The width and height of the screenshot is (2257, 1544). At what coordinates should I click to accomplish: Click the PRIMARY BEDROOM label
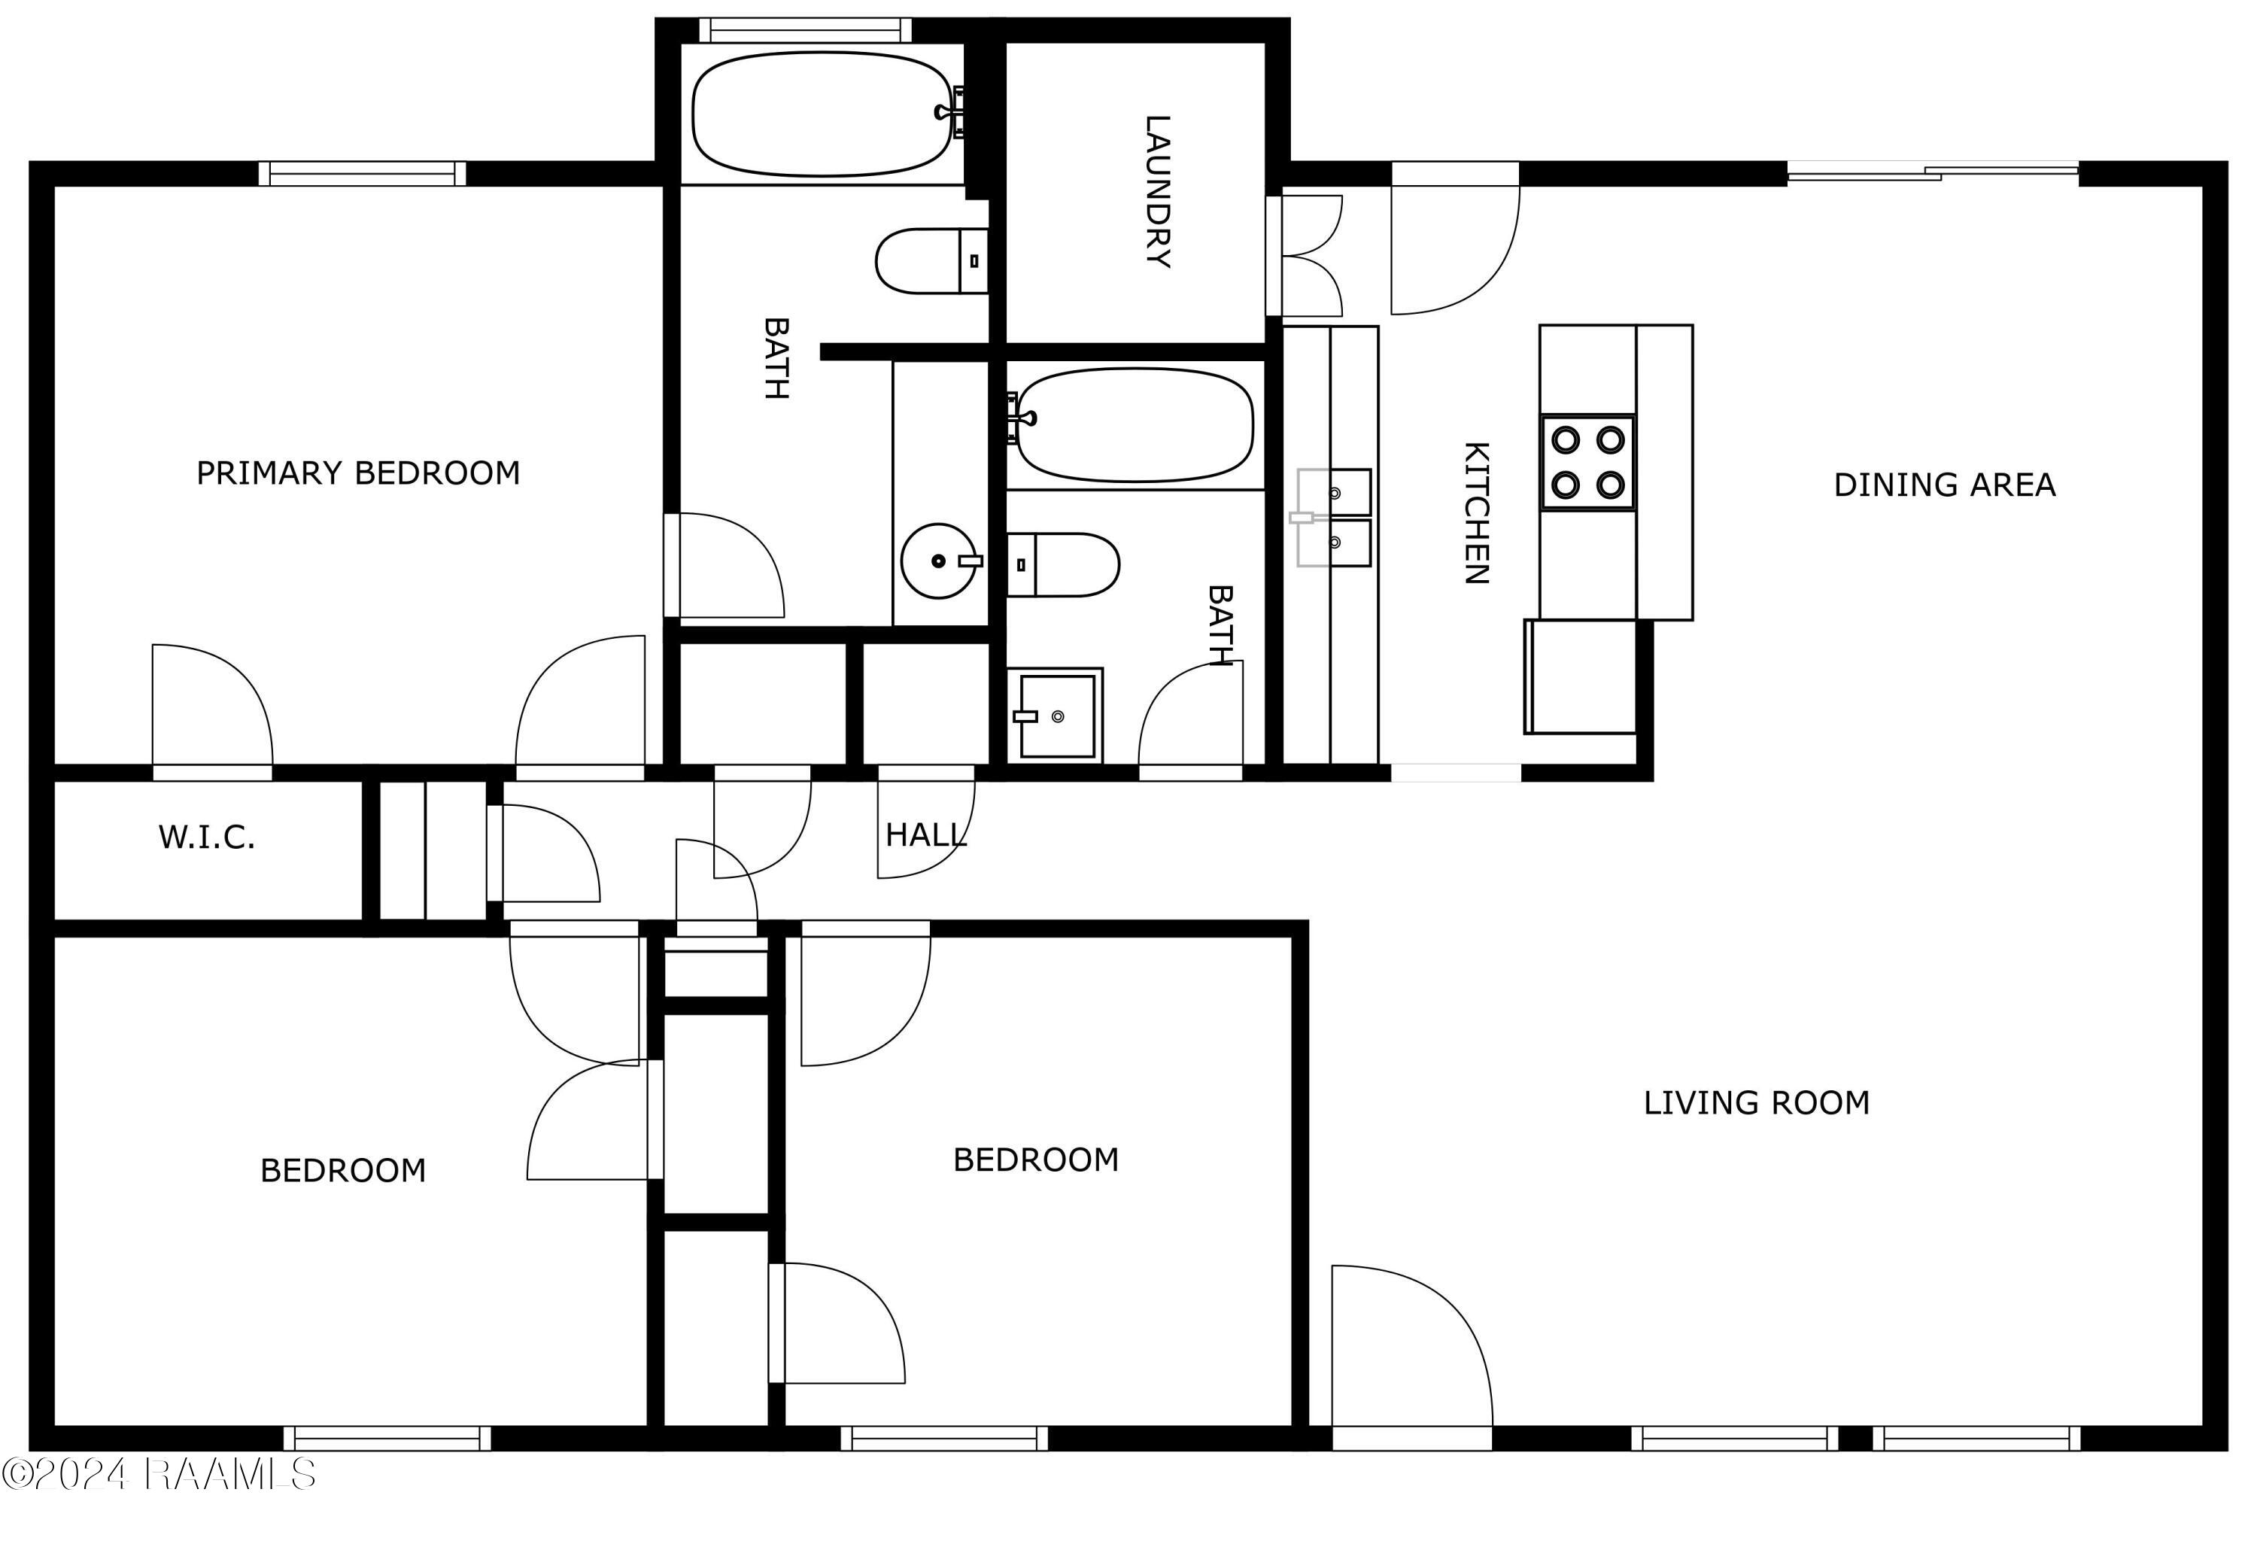click(358, 474)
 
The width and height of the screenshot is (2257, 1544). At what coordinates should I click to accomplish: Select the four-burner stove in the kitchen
click(1587, 462)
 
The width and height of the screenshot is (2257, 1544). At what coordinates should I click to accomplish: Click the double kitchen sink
click(1335, 518)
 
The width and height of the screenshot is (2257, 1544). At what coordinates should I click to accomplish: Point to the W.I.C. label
click(207, 837)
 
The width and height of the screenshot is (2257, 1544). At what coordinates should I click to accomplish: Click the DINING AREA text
click(1943, 485)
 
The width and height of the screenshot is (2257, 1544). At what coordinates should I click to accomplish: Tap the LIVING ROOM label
click(1756, 1103)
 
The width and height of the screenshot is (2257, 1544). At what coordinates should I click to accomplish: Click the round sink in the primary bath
click(938, 561)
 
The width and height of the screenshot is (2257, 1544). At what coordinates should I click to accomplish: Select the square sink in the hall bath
click(1056, 716)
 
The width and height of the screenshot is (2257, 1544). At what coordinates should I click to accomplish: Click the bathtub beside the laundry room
click(822, 114)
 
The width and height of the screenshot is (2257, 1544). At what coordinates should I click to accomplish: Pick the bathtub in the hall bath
click(1135, 424)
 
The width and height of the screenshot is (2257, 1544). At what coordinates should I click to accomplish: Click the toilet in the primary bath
click(928, 261)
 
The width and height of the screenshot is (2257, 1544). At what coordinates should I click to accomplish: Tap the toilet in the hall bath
click(1065, 564)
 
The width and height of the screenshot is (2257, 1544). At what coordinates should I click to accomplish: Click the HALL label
click(925, 835)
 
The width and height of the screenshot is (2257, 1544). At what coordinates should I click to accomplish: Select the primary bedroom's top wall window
click(362, 174)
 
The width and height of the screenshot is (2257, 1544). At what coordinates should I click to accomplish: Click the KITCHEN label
click(1475, 512)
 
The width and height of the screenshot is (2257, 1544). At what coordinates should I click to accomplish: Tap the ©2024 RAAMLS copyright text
click(158, 1474)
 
